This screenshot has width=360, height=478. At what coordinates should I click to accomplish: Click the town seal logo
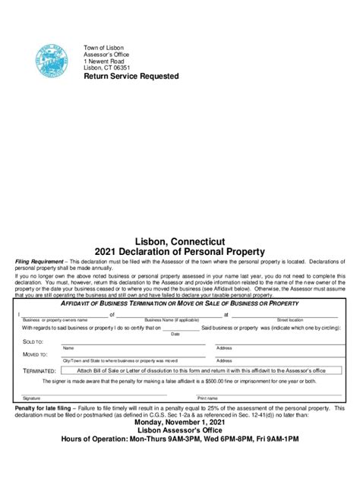51,60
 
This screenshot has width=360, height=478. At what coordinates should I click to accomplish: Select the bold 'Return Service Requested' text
131,77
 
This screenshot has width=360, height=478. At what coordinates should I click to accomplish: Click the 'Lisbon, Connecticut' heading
179,241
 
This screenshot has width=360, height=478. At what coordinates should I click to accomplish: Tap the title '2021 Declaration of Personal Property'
179,251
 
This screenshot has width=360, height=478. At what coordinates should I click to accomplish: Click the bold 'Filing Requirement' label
41,260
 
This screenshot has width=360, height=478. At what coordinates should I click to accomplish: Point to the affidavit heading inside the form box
179,303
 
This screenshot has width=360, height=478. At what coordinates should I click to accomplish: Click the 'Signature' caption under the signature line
31,398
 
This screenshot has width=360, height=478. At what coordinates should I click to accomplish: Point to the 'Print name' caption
207,398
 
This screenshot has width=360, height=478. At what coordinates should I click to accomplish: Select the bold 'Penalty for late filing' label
43,408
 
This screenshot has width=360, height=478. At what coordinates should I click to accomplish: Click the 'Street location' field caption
289,319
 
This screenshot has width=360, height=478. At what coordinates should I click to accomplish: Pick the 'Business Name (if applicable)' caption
171,319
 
